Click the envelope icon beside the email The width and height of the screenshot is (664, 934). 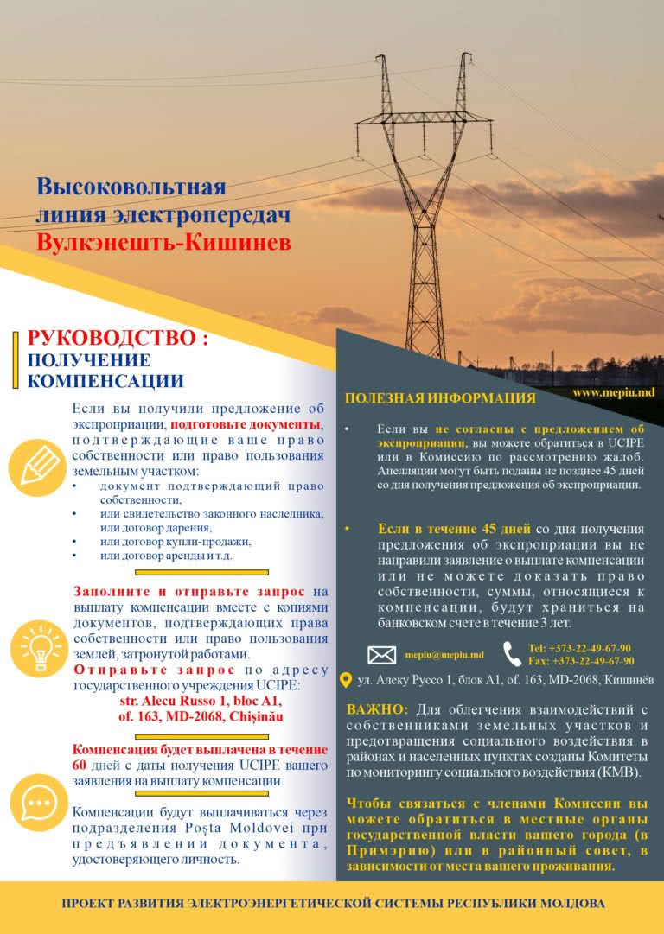381,655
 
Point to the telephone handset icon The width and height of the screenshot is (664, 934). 513,654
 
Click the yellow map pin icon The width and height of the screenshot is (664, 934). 346,681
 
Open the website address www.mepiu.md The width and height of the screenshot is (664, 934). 612,392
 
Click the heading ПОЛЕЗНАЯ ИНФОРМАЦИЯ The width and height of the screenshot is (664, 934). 439,398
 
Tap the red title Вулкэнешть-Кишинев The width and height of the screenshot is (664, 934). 163,242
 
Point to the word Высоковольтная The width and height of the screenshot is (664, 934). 131,187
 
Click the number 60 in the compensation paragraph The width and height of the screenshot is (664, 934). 80,766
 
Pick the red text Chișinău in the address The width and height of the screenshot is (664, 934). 252,716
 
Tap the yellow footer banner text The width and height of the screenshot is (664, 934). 332,904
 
